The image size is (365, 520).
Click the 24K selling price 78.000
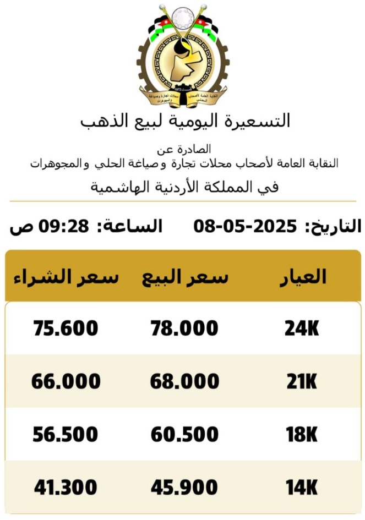click(x=184, y=329)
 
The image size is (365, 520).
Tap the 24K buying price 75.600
click(x=66, y=329)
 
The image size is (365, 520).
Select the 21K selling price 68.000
click(x=184, y=382)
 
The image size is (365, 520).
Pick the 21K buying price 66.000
click(x=66, y=382)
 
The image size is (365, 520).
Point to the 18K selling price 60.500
click(x=184, y=435)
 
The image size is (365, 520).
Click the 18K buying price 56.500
click(x=66, y=435)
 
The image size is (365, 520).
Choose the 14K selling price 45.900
click(x=184, y=488)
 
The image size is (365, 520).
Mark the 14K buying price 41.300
click(x=66, y=488)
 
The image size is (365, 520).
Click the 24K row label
click(x=302, y=329)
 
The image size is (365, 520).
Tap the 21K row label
click(x=302, y=382)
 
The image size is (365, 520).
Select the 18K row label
click(x=302, y=435)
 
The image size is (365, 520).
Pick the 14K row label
click(x=302, y=488)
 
